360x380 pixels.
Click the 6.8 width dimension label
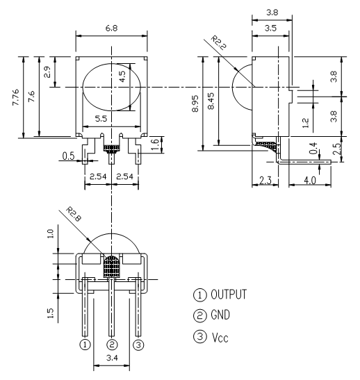111,28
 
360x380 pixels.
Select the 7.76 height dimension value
15,97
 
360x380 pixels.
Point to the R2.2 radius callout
218,42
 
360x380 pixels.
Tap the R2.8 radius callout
74,214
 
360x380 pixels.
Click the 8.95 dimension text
195,104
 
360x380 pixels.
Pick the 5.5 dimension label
101,119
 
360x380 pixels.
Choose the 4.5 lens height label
123,76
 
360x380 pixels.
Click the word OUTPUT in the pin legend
229,295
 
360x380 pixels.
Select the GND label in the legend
220,315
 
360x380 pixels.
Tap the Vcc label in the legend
220,338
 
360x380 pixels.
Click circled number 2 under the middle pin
112,345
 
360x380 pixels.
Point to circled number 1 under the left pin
85,345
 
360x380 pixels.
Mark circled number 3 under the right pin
138,345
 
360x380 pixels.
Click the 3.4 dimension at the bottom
112,358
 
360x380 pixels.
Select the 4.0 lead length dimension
310,181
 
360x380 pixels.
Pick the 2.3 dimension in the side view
265,181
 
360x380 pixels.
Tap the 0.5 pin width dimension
68,156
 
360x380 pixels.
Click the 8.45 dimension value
211,101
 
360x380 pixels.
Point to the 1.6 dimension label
155,144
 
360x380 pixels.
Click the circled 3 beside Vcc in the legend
200,337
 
